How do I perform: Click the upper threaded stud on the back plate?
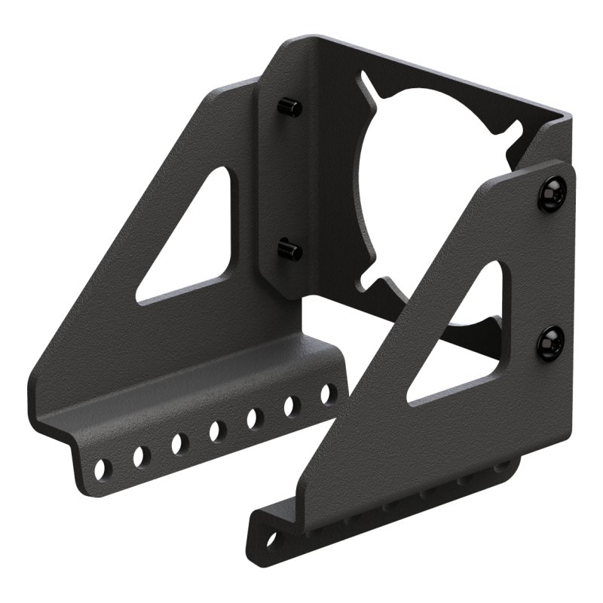(291, 107)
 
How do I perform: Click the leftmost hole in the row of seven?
(103, 468)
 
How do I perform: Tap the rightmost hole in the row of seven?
(328, 393)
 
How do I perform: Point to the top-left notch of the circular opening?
(367, 81)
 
